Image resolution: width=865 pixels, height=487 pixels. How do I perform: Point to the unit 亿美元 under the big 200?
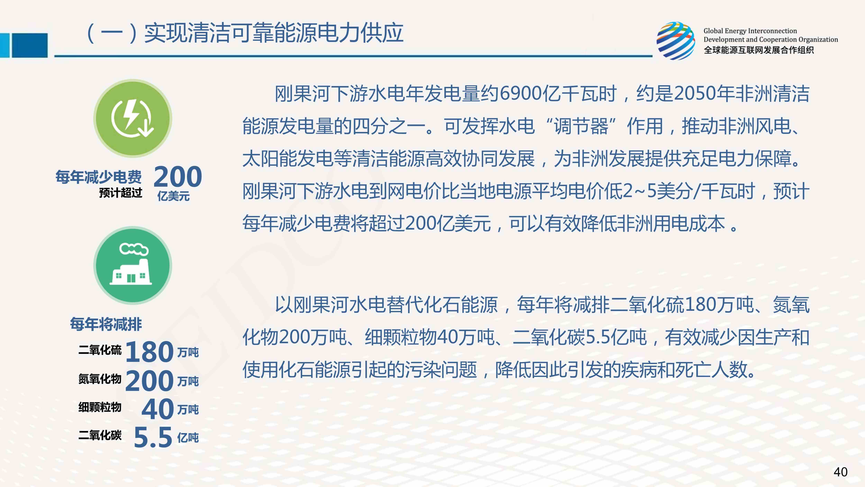tap(173, 196)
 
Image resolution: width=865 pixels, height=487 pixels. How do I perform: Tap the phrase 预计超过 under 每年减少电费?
tap(121, 193)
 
